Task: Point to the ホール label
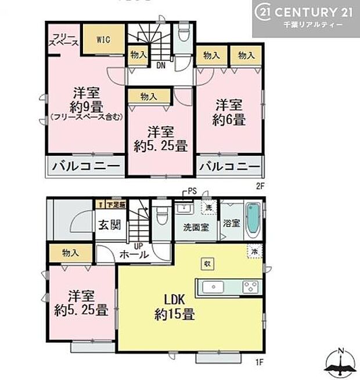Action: [x=134, y=253]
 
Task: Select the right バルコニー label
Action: [x=229, y=167]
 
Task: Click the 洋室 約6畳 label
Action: [x=231, y=112]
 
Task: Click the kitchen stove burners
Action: [x=251, y=286]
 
